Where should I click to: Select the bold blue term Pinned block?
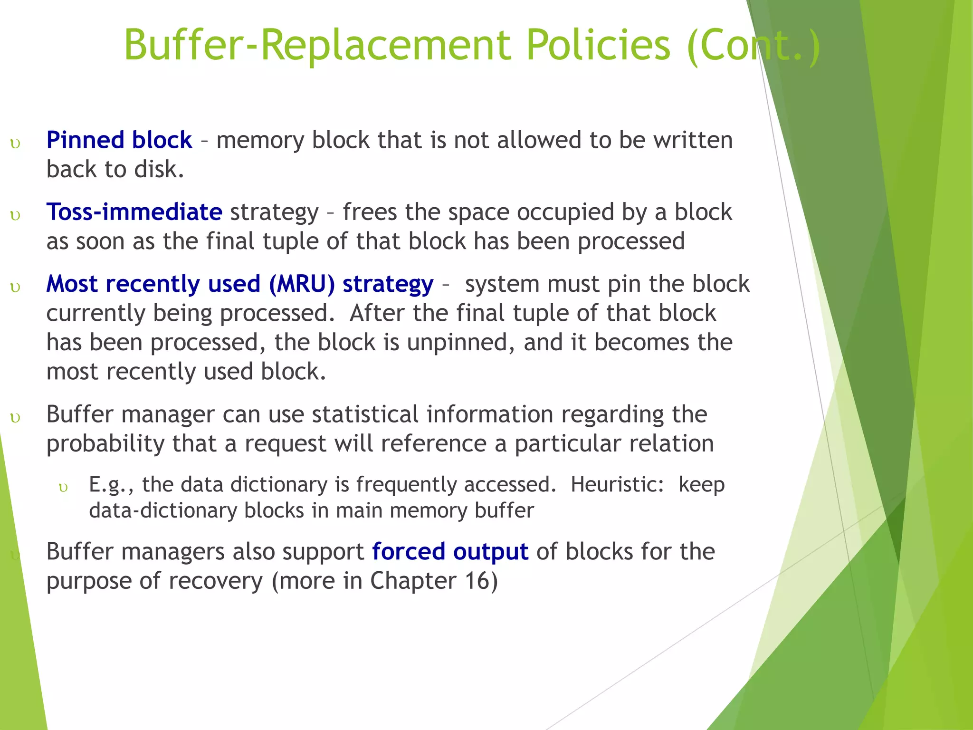click(119, 140)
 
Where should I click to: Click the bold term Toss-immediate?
click(134, 212)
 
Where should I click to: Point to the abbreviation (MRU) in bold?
click(302, 284)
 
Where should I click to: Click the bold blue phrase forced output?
click(450, 552)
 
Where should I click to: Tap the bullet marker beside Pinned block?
click(16, 144)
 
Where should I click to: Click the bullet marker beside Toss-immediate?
click(16, 215)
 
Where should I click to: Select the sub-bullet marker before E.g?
click(63, 488)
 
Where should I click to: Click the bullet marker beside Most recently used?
click(16, 287)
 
